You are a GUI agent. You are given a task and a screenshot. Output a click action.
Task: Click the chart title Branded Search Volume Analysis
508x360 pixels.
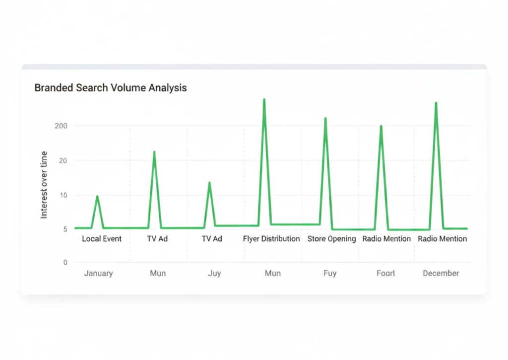coord(110,88)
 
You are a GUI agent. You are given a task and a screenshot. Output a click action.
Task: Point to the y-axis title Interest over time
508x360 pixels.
coord(44,184)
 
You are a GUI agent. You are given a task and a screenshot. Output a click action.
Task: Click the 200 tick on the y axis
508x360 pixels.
coord(61,126)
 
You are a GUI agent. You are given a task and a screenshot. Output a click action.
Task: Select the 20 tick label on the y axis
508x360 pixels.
coord(63,160)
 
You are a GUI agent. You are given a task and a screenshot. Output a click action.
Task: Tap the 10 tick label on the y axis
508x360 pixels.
coord(63,195)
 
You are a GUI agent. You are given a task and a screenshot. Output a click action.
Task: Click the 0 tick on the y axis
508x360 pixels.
coord(65,262)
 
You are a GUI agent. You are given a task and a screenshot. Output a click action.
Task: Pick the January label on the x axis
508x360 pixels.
coord(98,273)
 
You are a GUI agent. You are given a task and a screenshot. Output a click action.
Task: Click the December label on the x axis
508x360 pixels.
coord(441,273)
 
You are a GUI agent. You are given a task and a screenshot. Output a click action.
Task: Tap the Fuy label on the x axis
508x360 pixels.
coord(329,273)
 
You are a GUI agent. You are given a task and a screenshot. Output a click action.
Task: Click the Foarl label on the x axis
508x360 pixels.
coord(385,273)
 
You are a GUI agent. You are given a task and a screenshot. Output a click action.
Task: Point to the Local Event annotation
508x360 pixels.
coord(102,239)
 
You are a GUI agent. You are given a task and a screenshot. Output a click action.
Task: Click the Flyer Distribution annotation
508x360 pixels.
coord(271,239)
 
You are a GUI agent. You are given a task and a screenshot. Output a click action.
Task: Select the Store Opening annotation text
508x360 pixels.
coord(331,239)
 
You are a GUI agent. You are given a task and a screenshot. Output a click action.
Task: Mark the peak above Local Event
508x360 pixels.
coord(97,197)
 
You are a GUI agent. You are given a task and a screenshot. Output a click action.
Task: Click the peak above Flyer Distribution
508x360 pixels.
coord(264,100)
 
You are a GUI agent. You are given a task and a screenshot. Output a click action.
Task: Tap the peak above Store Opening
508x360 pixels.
coord(325,119)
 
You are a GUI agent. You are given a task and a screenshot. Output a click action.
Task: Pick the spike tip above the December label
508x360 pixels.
coord(436,103)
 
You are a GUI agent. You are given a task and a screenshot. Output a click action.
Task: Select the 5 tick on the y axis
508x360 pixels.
coord(65,229)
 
